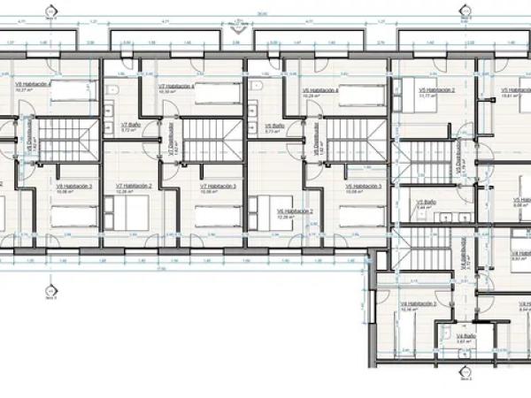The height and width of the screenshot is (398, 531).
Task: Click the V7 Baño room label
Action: coord(131,126)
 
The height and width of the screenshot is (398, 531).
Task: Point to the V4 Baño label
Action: coord(466,337)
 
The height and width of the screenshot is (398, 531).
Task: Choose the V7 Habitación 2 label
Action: coord(134,187)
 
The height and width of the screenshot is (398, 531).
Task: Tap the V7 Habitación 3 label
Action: coord(219,187)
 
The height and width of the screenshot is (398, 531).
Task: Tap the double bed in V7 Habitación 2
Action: coord(134,211)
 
